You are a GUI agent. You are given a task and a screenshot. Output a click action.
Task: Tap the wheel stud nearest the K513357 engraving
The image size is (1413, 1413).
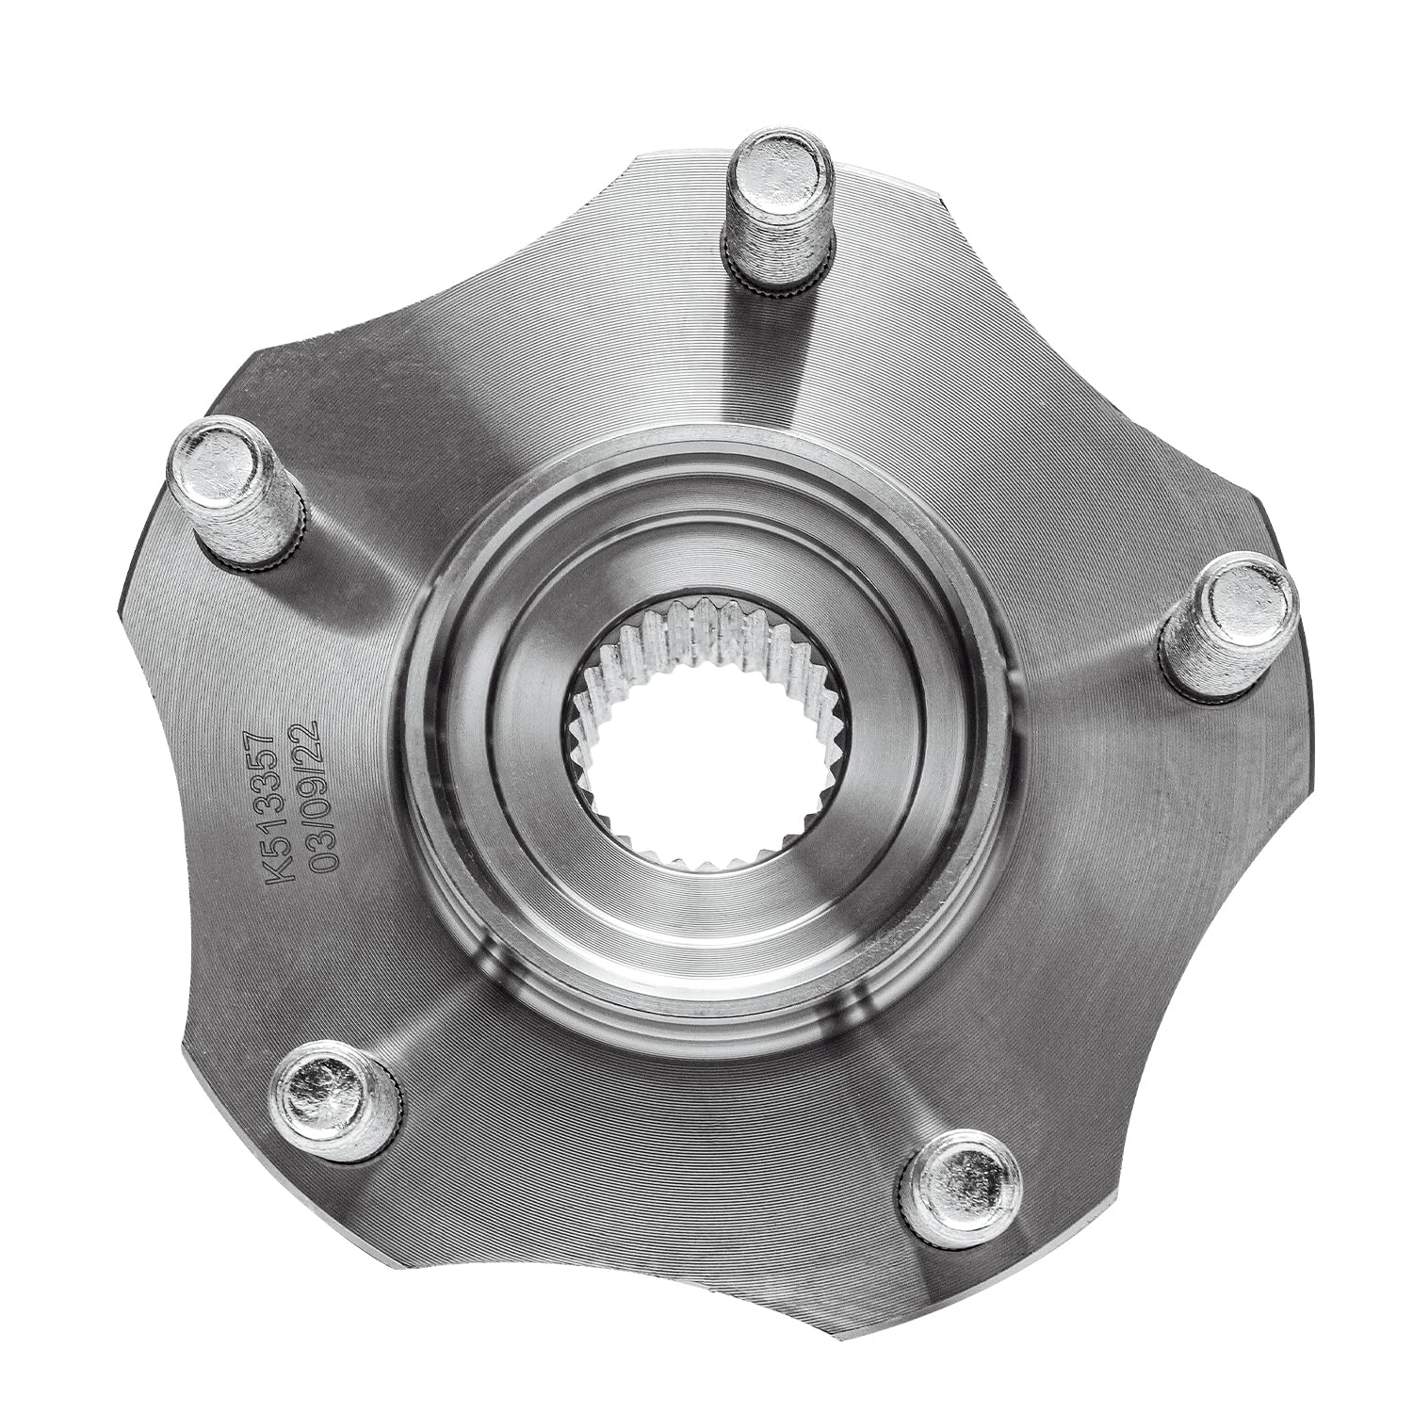tap(238, 494)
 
